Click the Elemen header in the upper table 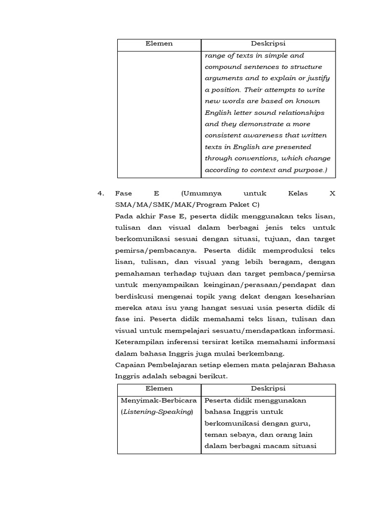pyautogui.click(x=159, y=44)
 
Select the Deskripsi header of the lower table pyautogui.click(x=268, y=389)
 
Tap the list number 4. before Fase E pyautogui.click(x=101, y=194)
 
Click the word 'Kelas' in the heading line pyautogui.click(x=297, y=194)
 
